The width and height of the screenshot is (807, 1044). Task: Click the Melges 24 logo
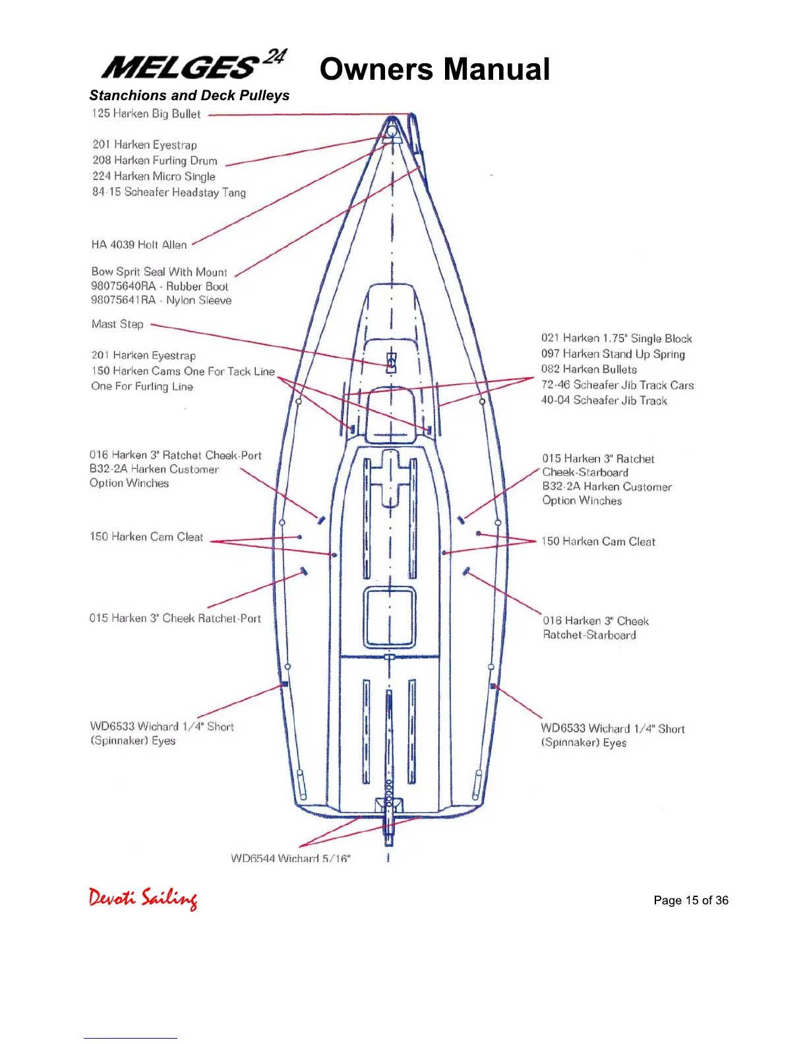194,65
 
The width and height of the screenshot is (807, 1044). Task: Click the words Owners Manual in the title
434,69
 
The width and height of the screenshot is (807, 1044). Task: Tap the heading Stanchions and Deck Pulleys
189,96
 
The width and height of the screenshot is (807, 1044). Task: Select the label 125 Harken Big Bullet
146,113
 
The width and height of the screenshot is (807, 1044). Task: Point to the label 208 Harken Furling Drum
155,160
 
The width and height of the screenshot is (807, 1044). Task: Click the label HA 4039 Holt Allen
139,245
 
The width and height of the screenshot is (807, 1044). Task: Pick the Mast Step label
117,324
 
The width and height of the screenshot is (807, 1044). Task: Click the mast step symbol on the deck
391,362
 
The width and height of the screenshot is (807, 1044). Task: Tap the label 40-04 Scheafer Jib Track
604,400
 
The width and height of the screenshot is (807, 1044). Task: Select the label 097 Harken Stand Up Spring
613,354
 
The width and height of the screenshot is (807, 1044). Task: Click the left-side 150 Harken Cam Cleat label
146,536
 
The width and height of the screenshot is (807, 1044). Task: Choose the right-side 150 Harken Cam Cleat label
598,541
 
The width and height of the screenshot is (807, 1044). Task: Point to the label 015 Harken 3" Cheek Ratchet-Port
175,618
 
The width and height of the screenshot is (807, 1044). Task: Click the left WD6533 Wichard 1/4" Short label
162,726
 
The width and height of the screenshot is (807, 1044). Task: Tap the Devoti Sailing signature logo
143,898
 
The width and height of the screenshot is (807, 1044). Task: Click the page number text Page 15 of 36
691,900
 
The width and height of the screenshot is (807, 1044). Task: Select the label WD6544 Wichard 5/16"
291,857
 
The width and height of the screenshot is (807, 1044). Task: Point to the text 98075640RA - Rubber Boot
160,286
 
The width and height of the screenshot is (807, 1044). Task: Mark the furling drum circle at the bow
392,131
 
